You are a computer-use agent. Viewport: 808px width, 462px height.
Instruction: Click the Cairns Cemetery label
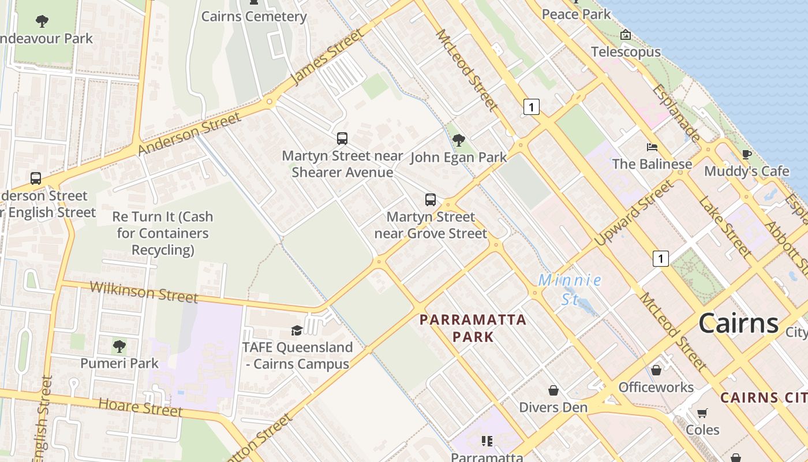click(254, 16)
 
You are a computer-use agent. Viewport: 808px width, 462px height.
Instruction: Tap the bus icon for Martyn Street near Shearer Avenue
click(342, 139)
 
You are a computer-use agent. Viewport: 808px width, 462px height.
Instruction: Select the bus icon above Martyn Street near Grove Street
click(431, 200)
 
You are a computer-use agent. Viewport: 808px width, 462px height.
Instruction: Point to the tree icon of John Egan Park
click(459, 140)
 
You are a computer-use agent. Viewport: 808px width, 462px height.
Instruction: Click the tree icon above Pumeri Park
click(119, 346)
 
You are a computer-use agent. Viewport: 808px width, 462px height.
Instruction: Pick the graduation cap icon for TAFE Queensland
click(297, 330)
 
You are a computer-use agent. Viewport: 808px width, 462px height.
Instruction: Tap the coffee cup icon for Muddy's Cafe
click(746, 154)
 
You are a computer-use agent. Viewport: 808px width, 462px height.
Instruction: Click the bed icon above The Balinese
click(652, 147)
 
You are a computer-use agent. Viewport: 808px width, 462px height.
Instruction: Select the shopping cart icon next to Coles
click(702, 413)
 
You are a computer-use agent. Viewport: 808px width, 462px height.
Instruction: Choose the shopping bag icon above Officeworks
click(656, 370)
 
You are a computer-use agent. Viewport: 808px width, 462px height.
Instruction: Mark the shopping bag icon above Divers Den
click(553, 390)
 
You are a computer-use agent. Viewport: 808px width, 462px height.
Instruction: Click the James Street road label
click(327, 57)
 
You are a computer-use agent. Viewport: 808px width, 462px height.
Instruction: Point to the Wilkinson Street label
click(144, 292)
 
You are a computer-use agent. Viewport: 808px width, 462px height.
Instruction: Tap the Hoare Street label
click(140, 407)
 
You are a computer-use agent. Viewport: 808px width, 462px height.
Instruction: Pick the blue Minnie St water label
click(570, 289)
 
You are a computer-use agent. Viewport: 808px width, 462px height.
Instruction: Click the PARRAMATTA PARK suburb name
click(473, 328)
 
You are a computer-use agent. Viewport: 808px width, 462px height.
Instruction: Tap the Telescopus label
click(626, 52)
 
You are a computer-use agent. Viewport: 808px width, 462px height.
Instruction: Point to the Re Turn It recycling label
click(163, 233)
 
